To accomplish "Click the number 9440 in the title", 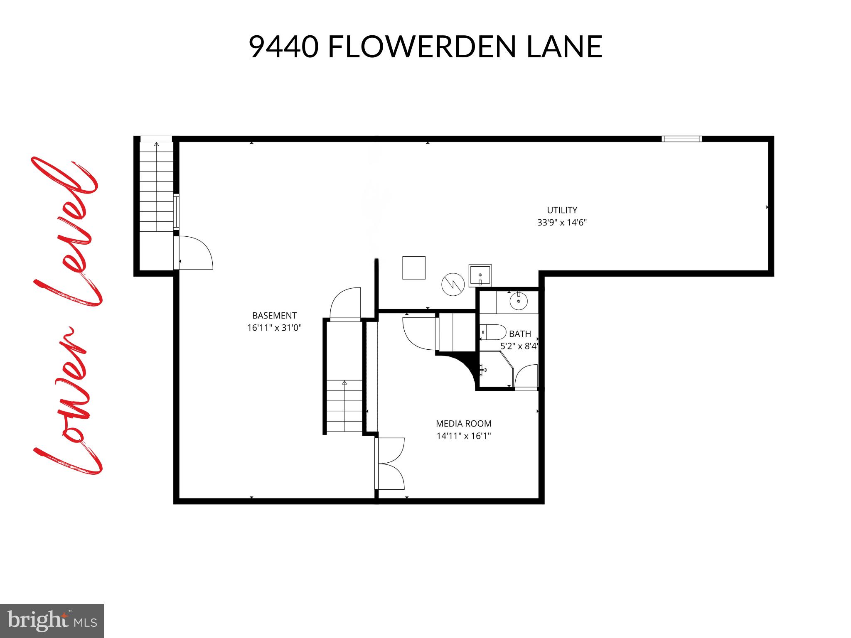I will pos(284,47).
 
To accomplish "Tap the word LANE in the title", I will pos(564,47).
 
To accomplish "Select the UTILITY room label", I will pos(562,210).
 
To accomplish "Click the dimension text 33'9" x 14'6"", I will pos(562,222).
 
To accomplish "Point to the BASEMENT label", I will pos(274,316).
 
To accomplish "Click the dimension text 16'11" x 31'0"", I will pos(274,328).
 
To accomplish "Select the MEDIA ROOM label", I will pos(463,424).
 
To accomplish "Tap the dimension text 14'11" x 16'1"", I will pos(463,436).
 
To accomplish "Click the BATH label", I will pos(520,334).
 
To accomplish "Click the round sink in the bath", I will pos(519,302).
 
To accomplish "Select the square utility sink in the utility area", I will pos(480,275).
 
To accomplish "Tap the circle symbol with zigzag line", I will pos(453,285).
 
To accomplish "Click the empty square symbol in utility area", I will pos(414,268).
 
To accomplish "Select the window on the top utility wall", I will pos(681,139).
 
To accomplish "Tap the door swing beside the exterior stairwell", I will pos(194,253).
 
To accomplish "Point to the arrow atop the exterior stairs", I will pos(156,145).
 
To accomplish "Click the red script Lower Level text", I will pos(66,316).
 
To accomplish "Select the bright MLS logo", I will pos(52,621).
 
